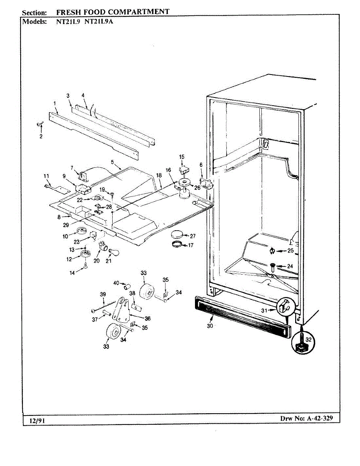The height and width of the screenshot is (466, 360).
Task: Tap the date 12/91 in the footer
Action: [x=36, y=421]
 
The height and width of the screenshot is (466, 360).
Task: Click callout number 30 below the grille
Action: [x=210, y=326]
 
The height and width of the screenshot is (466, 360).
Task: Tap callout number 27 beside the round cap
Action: [x=193, y=236]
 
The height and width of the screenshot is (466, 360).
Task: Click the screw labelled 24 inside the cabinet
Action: [x=272, y=266]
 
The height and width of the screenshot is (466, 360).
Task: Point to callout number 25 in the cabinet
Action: [x=290, y=250]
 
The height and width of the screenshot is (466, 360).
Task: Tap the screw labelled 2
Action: [x=40, y=124]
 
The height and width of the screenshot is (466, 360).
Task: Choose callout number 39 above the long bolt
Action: [x=103, y=294]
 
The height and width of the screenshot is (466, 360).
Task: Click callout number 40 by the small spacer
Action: [x=116, y=283]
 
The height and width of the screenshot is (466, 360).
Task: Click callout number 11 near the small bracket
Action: [x=47, y=176]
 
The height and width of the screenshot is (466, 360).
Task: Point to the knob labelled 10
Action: [x=82, y=232]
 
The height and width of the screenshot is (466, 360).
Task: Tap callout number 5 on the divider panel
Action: [x=112, y=162]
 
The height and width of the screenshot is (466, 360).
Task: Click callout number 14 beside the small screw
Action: [x=72, y=273]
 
